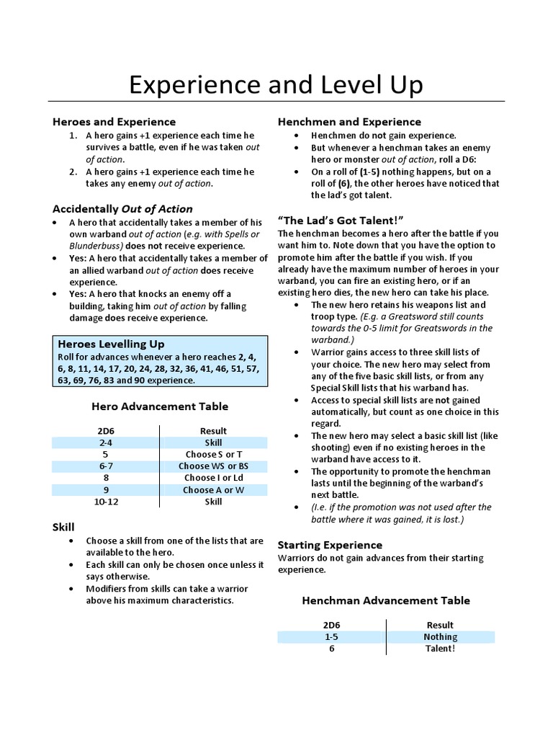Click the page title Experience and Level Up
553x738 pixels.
pos(276,85)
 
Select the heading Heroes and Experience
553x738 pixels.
pos(114,122)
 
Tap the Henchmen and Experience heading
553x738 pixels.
pos(349,122)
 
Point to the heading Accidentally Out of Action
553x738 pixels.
pos(122,209)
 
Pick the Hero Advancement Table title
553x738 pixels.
pos(160,406)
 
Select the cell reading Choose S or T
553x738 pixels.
pos(213,455)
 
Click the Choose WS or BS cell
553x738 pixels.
pos(213,466)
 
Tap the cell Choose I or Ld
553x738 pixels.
pos(213,478)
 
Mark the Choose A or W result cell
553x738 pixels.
pos(213,489)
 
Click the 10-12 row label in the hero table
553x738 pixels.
pos(105,501)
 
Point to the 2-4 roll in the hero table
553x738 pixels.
pos(105,443)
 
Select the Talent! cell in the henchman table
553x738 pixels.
pos(440,648)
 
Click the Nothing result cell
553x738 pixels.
pos(440,636)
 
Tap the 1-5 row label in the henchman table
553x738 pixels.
pos(331,636)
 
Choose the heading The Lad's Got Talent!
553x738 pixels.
pos(340,220)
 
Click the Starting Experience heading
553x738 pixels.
pos(330,545)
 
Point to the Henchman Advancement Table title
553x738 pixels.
pos(386,600)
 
